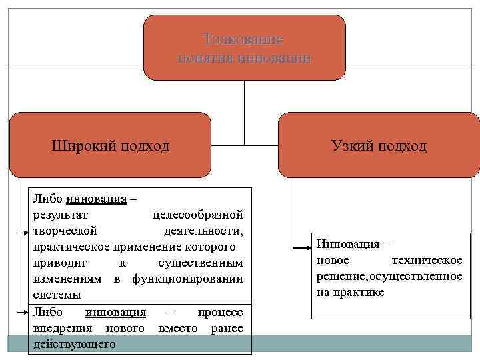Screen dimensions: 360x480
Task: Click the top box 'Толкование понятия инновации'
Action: pyautogui.click(x=245, y=48)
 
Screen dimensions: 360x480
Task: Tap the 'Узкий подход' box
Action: pyautogui.click(x=378, y=145)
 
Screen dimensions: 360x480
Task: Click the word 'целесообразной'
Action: pyautogui.click(x=197, y=215)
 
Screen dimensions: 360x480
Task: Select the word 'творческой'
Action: pyautogui.click(x=65, y=231)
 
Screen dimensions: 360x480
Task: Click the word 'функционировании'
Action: pyautogui.click(x=187, y=279)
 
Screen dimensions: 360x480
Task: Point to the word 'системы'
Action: pyautogui.click(x=57, y=294)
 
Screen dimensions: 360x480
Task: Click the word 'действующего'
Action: pyautogui.click(x=74, y=344)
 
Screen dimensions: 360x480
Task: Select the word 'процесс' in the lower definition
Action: pyautogui.click(x=221, y=312)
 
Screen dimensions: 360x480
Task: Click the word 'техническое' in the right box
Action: pyautogui.click(x=427, y=259)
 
